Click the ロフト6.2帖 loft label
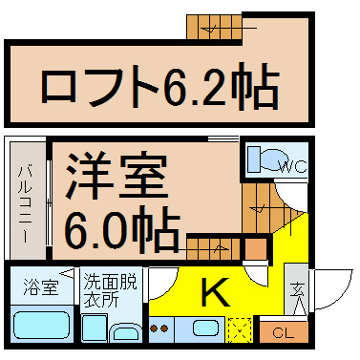160,86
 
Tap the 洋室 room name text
116,176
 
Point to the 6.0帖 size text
122,228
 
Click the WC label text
292,166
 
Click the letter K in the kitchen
216,291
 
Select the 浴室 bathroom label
41,287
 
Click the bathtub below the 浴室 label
41,325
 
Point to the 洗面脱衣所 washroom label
110,289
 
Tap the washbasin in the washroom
124,333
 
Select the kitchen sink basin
206,328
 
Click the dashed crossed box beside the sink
241,329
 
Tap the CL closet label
283,333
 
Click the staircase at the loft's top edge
214,28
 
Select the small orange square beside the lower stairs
256,249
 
